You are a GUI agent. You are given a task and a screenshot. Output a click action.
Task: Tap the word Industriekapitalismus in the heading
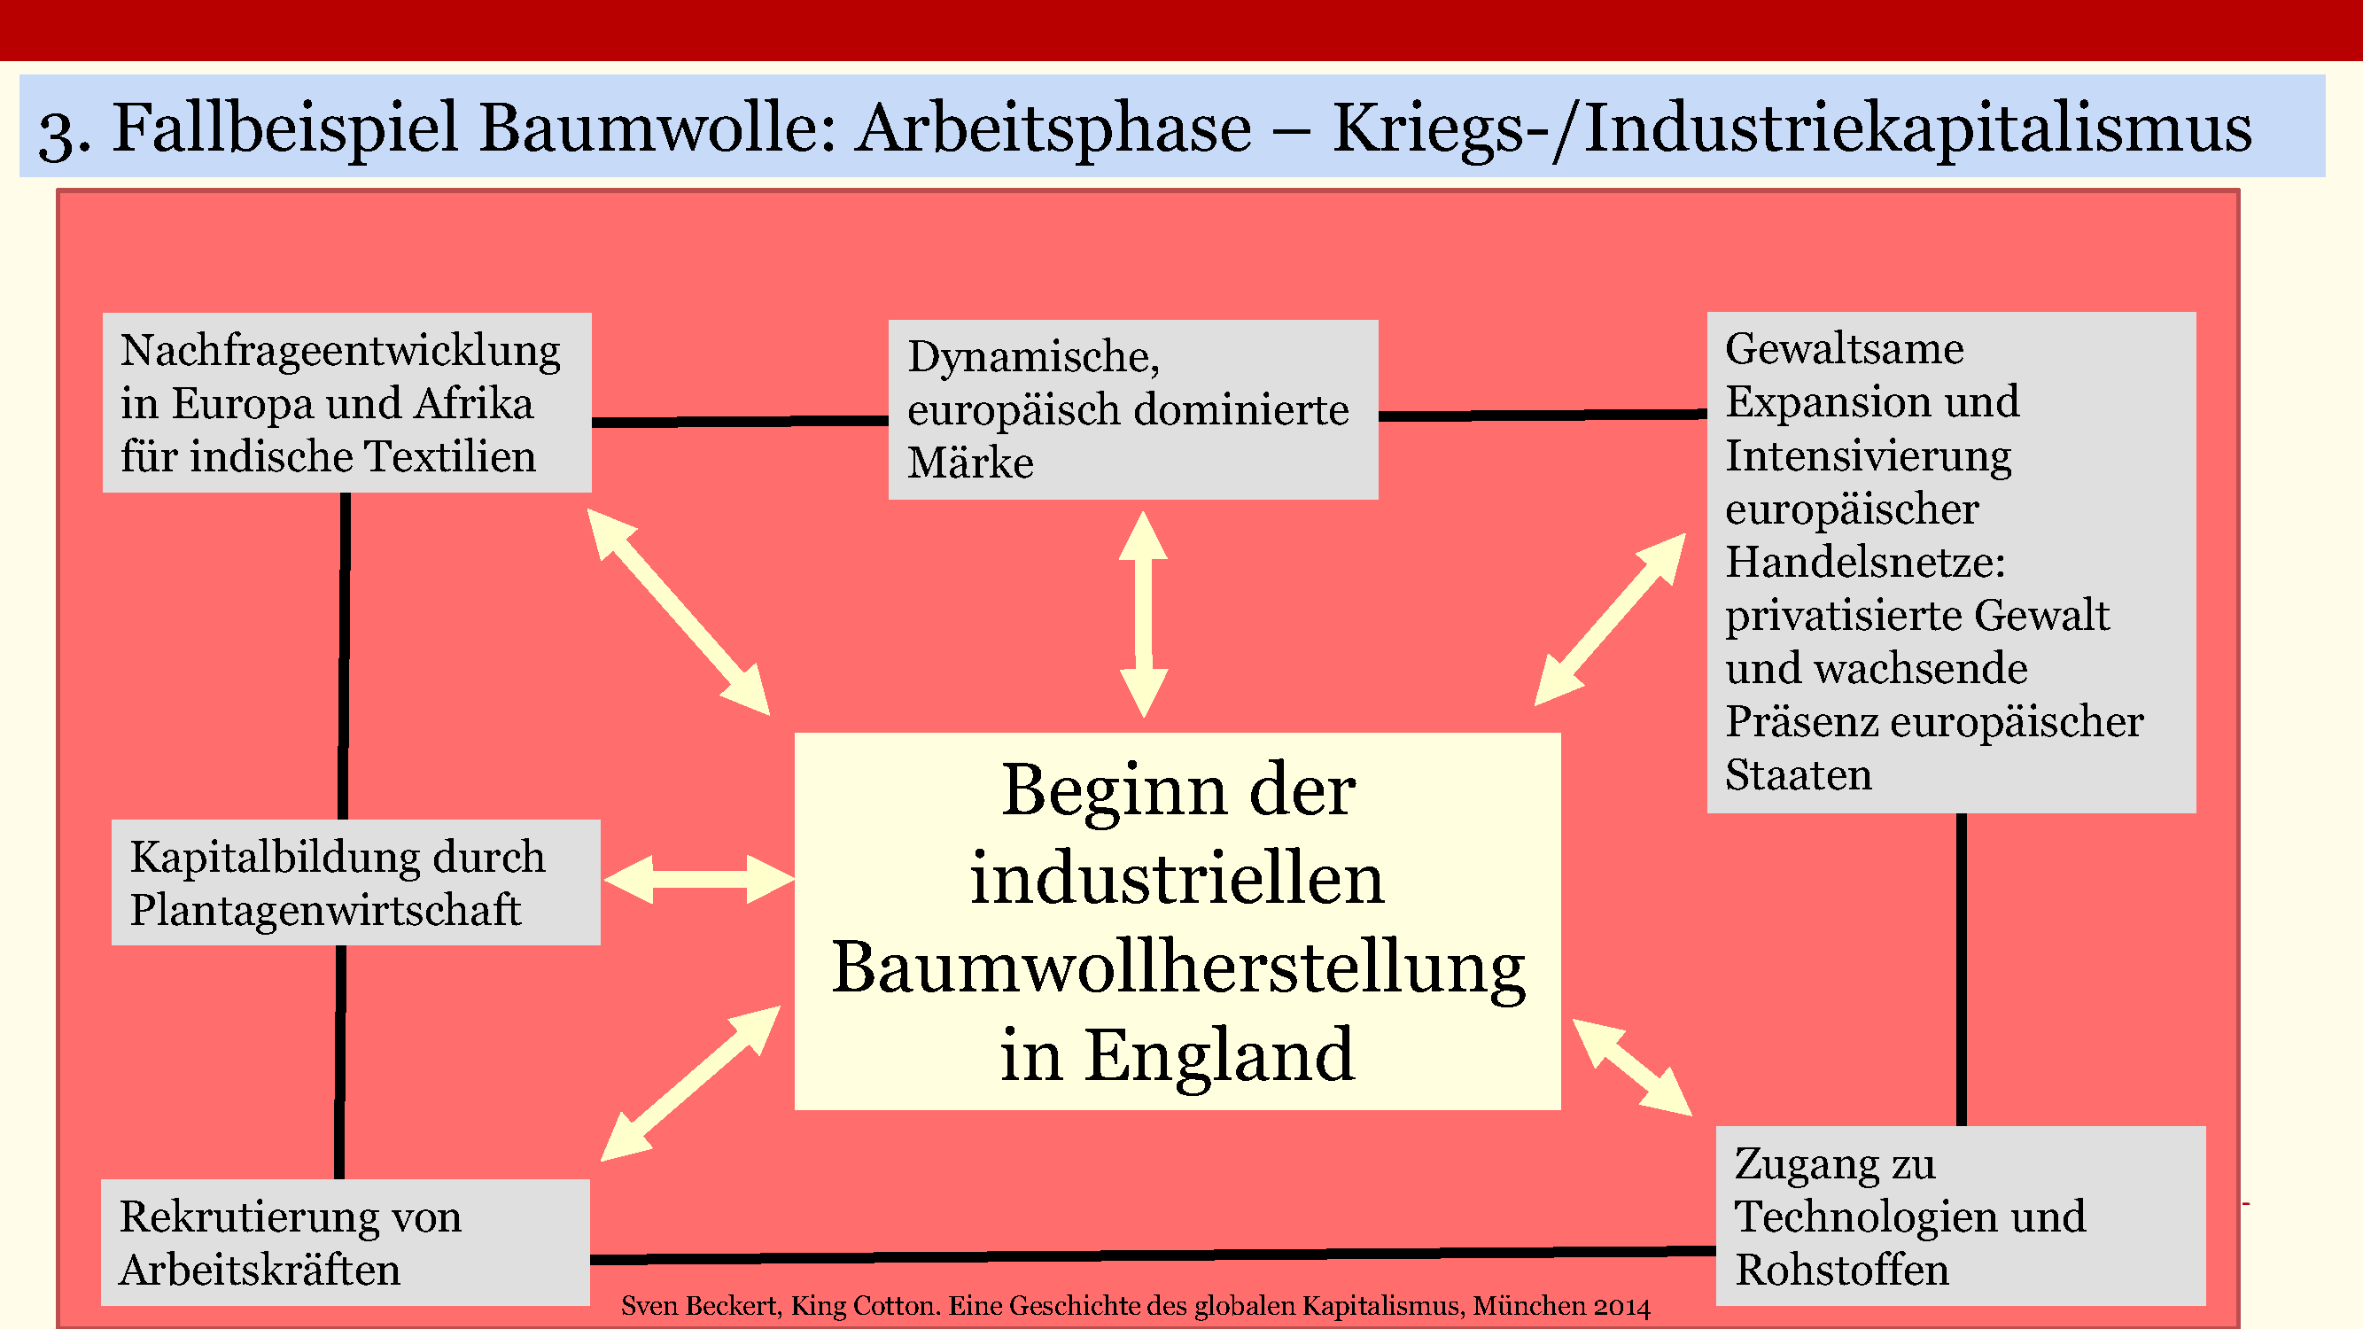1917,128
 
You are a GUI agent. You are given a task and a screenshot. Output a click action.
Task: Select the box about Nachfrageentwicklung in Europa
346,402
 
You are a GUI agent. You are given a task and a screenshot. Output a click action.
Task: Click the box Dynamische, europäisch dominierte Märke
1132,409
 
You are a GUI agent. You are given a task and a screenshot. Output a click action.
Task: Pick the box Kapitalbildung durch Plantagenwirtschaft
355,882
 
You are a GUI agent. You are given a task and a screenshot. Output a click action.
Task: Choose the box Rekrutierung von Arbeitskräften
344,1242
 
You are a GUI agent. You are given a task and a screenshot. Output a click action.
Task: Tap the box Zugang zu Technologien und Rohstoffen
1959,1216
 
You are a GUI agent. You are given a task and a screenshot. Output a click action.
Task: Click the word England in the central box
1220,1057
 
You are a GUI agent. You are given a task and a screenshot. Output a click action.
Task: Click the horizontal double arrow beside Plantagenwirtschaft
699,880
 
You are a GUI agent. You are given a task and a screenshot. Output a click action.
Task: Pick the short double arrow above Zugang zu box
1632,1067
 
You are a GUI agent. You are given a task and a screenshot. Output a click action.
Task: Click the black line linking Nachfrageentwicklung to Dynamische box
739,422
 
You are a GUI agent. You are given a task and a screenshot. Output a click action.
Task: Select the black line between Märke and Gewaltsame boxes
1541,416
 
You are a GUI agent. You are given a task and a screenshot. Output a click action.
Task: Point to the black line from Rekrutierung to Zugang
1151,1255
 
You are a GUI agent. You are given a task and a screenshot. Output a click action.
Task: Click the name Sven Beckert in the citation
701,1305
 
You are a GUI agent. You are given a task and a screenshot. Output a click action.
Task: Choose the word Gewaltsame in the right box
1844,348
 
